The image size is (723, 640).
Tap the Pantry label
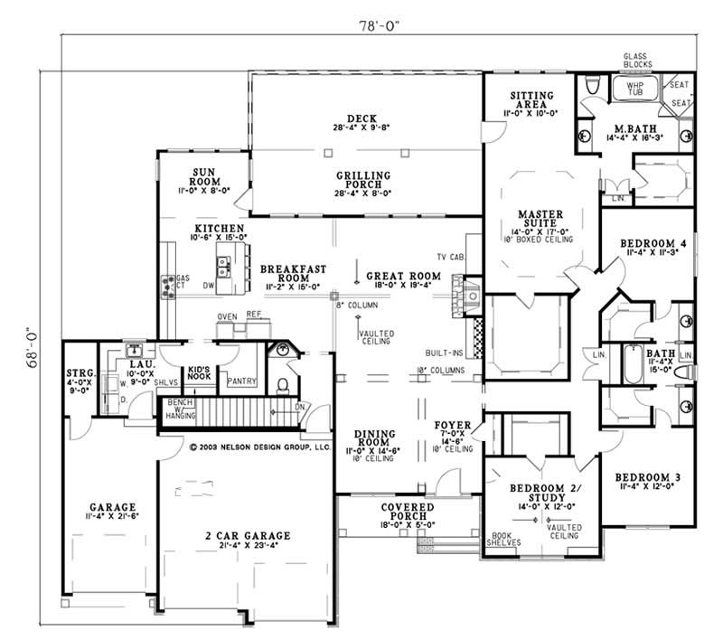pos(243,381)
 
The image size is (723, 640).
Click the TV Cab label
pos(449,259)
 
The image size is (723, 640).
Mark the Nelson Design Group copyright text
pos(260,447)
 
